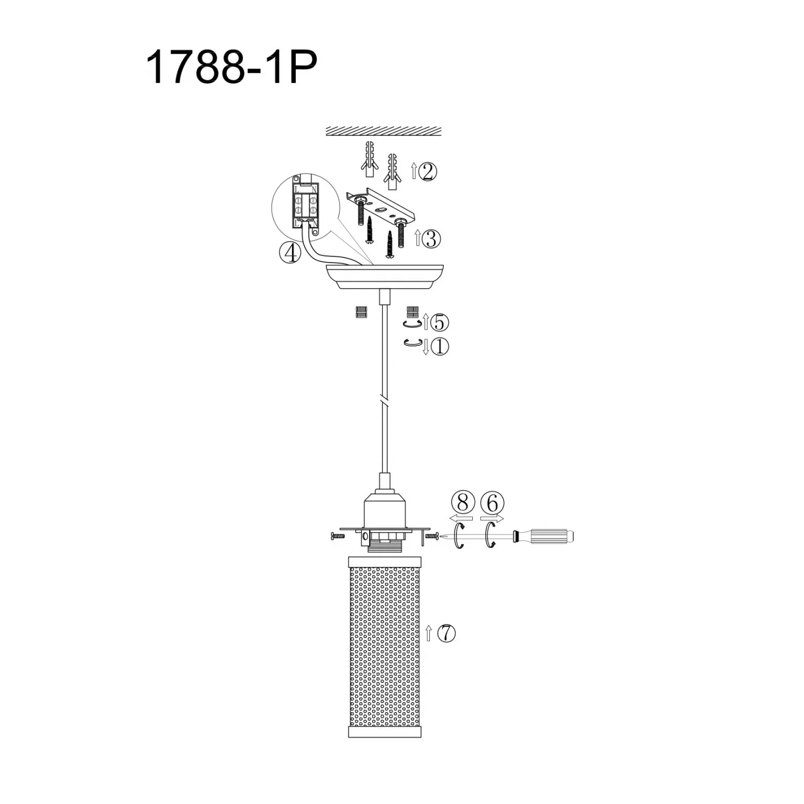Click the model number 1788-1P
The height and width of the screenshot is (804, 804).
[231, 67]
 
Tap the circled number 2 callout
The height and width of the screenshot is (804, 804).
[429, 172]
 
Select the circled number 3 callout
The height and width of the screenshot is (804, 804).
[432, 239]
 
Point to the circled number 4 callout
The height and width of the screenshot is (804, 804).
[290, 252]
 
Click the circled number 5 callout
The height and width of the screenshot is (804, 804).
[439, 322]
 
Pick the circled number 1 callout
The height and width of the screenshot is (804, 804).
[439, 347]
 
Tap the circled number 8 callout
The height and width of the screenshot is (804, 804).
[463, 503]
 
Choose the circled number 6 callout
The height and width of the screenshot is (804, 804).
[492, 503]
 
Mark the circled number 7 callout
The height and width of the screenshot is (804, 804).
[446, 634]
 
